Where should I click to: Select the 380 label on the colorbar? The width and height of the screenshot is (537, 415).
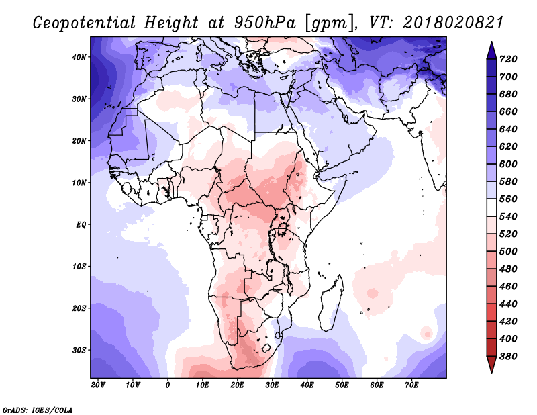click(512, 356)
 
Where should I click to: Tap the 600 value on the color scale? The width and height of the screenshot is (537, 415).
click(512, 165)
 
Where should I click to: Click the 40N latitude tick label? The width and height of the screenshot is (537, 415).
click(79, 57)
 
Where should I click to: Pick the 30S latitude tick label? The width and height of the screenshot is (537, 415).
click(79, 350)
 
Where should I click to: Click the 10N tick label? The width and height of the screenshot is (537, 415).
click(79, 183)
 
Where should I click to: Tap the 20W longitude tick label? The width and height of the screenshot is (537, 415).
click(98, 385)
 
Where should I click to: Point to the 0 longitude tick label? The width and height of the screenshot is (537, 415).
click(168, 385)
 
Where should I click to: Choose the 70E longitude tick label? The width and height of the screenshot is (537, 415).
click(412, 385)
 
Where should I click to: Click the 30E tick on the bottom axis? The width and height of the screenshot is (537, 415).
click(273, 385)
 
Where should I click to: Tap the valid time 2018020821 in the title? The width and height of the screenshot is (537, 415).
click(454, 23)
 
